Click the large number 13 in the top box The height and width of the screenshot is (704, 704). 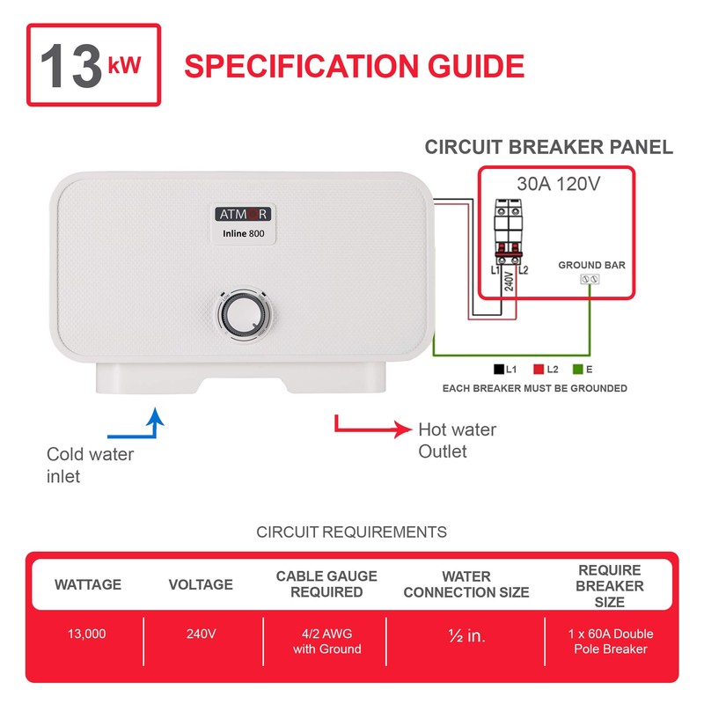tap(70, 64)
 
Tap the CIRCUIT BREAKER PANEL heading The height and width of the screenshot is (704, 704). tap(548, 147)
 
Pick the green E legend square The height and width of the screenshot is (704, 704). tap(578, 370)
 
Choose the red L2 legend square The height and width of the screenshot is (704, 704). tap(539, 370)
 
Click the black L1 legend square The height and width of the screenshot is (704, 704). tap(499, 370)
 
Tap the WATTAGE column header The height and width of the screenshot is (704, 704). tap(88, 584)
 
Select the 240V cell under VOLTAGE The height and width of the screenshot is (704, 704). tap(201, 634)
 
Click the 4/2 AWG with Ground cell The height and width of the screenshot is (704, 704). tap(326, 642)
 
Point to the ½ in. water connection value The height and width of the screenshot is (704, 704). tap(466, 635)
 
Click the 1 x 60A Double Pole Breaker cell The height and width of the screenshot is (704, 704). tap(611, 642)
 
